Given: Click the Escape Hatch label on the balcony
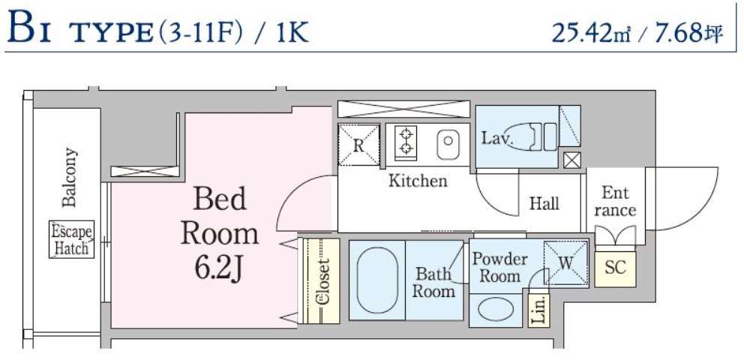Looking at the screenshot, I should (x=72, y=239).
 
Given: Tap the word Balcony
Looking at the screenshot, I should (x=70, y=178).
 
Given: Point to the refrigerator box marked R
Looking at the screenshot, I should (x=358, y=144).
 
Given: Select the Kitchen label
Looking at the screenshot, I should (x=418, y=181).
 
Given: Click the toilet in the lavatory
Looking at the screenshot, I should (x=533, y=137).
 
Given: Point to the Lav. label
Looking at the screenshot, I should (x=496, y=139).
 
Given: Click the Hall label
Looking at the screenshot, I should (x=544, y=203).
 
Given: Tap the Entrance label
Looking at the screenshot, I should (x=615, y=201).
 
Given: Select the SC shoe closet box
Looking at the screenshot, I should (x=615, y=268).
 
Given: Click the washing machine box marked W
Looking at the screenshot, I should (x=565, y=262).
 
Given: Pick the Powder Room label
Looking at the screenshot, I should (x=499, y=267).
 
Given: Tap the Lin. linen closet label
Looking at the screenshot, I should (x=538, y=309).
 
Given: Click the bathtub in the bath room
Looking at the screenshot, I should (x=377, y=280).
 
